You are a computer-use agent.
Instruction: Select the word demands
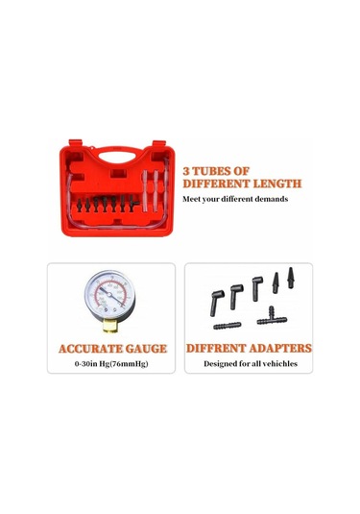[x=272, y=199]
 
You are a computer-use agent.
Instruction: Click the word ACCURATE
[x=90, y=349]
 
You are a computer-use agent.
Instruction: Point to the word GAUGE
[x=146, y=349]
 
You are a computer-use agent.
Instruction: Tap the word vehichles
[x=280, y=363]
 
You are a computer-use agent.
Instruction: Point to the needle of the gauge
[x=111, y=297]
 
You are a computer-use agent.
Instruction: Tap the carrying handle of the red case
[x=117, y=154]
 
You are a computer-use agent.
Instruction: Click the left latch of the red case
[x=75, y=143]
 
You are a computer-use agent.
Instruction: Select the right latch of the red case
[x=159, y=144]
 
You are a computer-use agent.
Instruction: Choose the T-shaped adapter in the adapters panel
[x=272, y=316]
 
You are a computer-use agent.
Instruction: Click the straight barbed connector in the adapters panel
[x=228, y=326]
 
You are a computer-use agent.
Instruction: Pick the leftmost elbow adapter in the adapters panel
[x=216, y=303]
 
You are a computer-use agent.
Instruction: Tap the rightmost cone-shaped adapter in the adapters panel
[x=290, y=278]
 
